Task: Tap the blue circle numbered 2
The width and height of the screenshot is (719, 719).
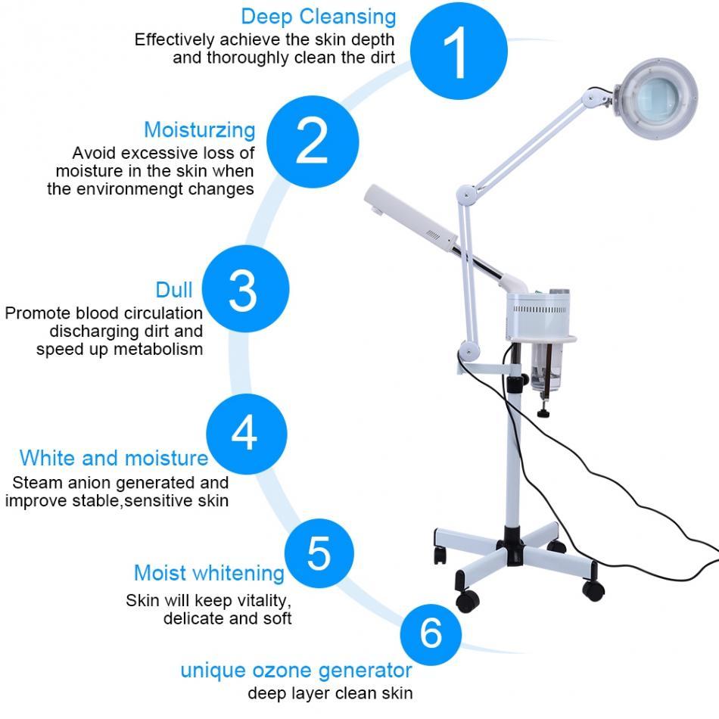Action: [x=310, y=139]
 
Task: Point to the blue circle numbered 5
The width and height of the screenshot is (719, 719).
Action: [x=319, y=553]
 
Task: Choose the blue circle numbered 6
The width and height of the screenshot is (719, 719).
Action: [x=430, y=632]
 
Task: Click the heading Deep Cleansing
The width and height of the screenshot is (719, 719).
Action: [x=318, y=16]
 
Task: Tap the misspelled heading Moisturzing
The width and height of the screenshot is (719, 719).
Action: [x=199, y=129]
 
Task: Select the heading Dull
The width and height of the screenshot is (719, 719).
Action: [x=174, y=289]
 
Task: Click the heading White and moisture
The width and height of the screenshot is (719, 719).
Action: [x=114, y=458]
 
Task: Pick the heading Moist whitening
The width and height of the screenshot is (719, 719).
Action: [x=209, y=573]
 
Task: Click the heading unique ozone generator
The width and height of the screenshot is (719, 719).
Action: [x=296, y=670]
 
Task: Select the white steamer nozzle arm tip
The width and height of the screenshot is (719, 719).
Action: [x=378, y=204]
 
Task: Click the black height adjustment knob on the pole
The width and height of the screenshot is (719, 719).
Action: [x=542, y=414]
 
